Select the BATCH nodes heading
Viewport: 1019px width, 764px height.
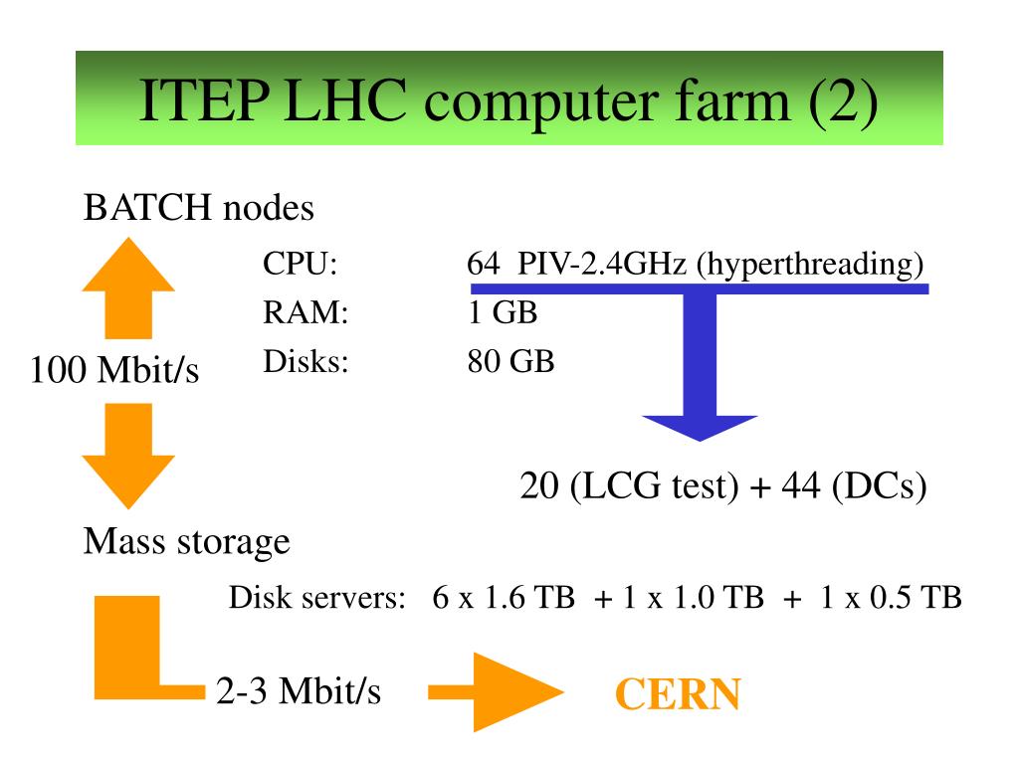click(199, 209)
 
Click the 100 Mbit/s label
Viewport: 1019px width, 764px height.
click(114, 371)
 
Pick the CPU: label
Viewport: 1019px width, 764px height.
click(301, 266)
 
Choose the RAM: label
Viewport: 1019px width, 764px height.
click(306, 313)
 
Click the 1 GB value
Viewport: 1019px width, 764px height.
click(503, 313)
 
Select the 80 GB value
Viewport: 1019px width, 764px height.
click(510, 361)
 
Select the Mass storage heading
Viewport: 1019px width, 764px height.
click(187, 542)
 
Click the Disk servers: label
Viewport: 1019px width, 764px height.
click(315, 599)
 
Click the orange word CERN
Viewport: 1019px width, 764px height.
click(677, 693)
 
